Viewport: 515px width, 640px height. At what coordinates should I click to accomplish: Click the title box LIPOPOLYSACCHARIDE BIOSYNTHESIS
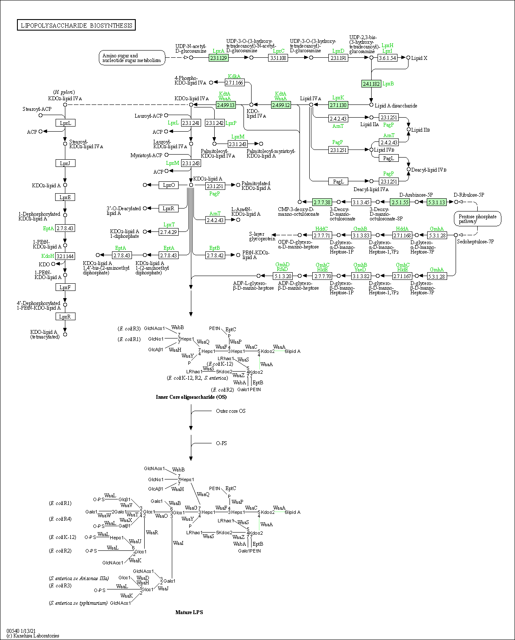click(x=76, y=25)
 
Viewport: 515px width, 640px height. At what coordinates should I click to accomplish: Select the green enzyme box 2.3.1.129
click(x=219, y=58)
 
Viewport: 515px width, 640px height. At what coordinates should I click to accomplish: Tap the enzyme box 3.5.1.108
click(x=278, y=58)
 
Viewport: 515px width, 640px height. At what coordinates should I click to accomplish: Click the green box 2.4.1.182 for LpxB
click(x=371, y=84)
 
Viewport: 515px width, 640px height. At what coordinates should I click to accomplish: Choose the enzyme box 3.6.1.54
click(x=387, y=58)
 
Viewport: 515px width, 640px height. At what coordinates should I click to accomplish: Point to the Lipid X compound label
click(x=419, y=58)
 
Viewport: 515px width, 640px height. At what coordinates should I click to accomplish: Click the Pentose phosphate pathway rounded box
click(x=478, y=219)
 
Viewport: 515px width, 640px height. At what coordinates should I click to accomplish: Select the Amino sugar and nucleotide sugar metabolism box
click(x=132, y=58)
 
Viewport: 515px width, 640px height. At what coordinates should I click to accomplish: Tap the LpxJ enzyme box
click(x=65, y=163)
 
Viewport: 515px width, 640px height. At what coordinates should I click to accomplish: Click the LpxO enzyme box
click(x=168, y=185)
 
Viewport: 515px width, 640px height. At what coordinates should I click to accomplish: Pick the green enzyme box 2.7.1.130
click(x=338, y=104)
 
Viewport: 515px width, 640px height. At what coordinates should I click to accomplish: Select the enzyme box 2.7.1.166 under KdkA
click(x=235, y=82)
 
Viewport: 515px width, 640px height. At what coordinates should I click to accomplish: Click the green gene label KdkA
click(x=234, y=76)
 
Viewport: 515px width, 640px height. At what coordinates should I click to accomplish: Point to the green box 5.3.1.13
click(x=437, y=202)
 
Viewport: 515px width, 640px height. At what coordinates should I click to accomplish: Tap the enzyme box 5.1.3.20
click(x=283, y=276)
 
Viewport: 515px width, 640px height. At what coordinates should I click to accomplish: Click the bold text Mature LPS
click(x=189, y=612)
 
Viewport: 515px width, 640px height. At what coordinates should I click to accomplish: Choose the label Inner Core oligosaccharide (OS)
click(x=191, y=397)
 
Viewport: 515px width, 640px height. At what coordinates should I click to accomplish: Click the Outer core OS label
click(x=231, y=411)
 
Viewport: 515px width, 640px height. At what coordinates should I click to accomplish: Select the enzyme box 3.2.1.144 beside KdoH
click(x=65, y=256)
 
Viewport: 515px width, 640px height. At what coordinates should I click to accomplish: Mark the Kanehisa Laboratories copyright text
click(x=33, y=635)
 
